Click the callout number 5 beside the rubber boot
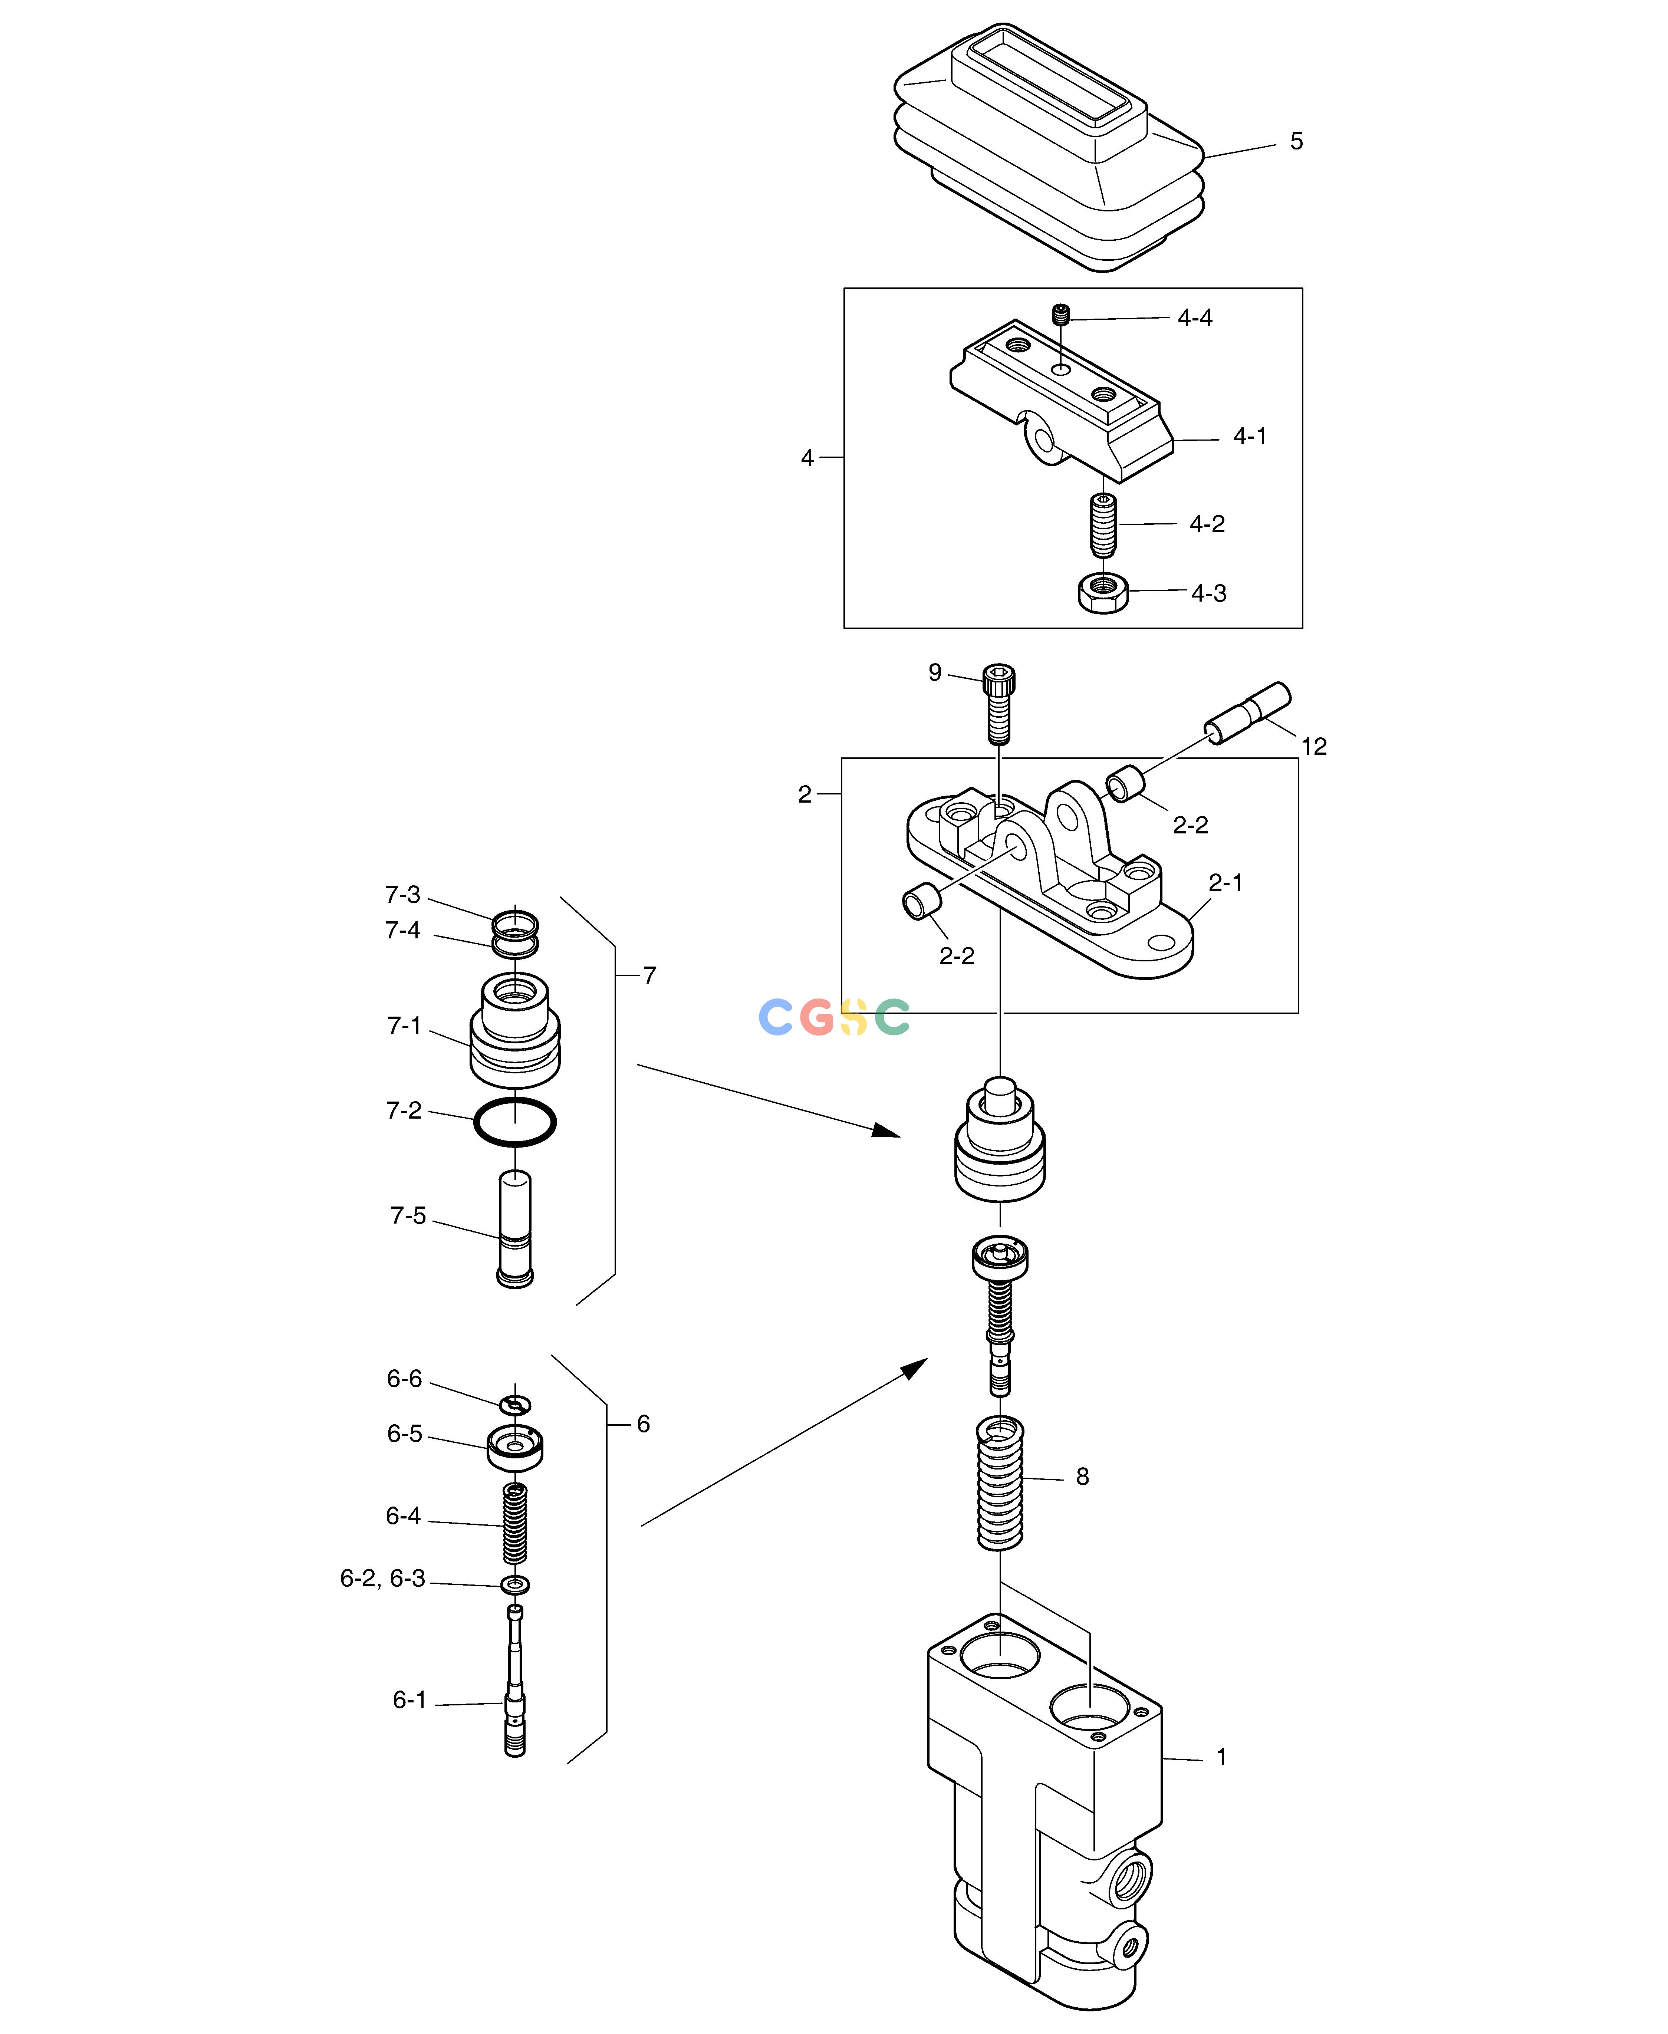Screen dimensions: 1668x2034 click(x=1296, y=141)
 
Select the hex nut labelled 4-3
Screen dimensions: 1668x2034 click(x=1103, y=592)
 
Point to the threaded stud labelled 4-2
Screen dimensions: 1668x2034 click(x=1103, y=524)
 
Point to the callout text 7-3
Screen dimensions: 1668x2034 click(x=402, y=895)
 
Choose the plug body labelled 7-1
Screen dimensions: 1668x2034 click(x=515, y=1030)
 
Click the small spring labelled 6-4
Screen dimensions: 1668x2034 click(x=515, y=1523)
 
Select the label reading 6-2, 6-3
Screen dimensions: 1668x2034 click(x=382, y=1579)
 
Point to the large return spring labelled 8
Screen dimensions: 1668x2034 click(x=1000, y=1482)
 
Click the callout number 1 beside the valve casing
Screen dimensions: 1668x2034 click(x=1221, y=1757)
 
